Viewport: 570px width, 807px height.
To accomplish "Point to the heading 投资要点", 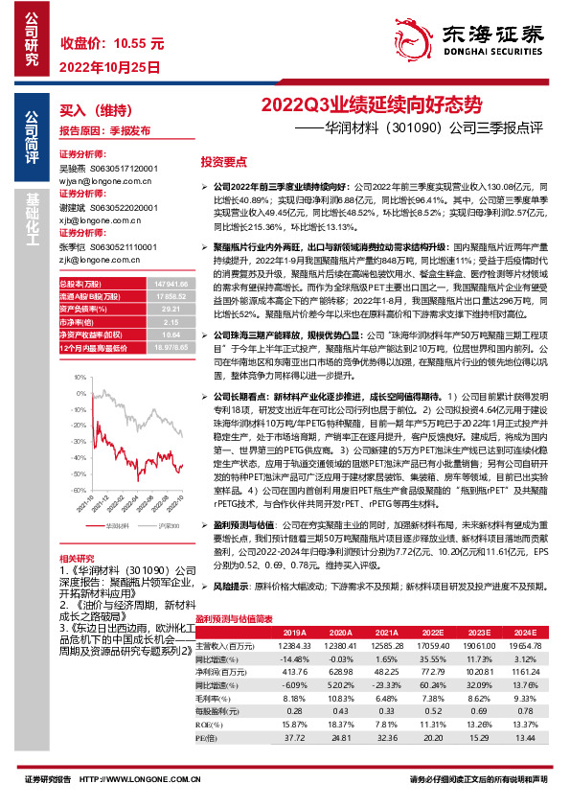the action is point(223,162).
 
